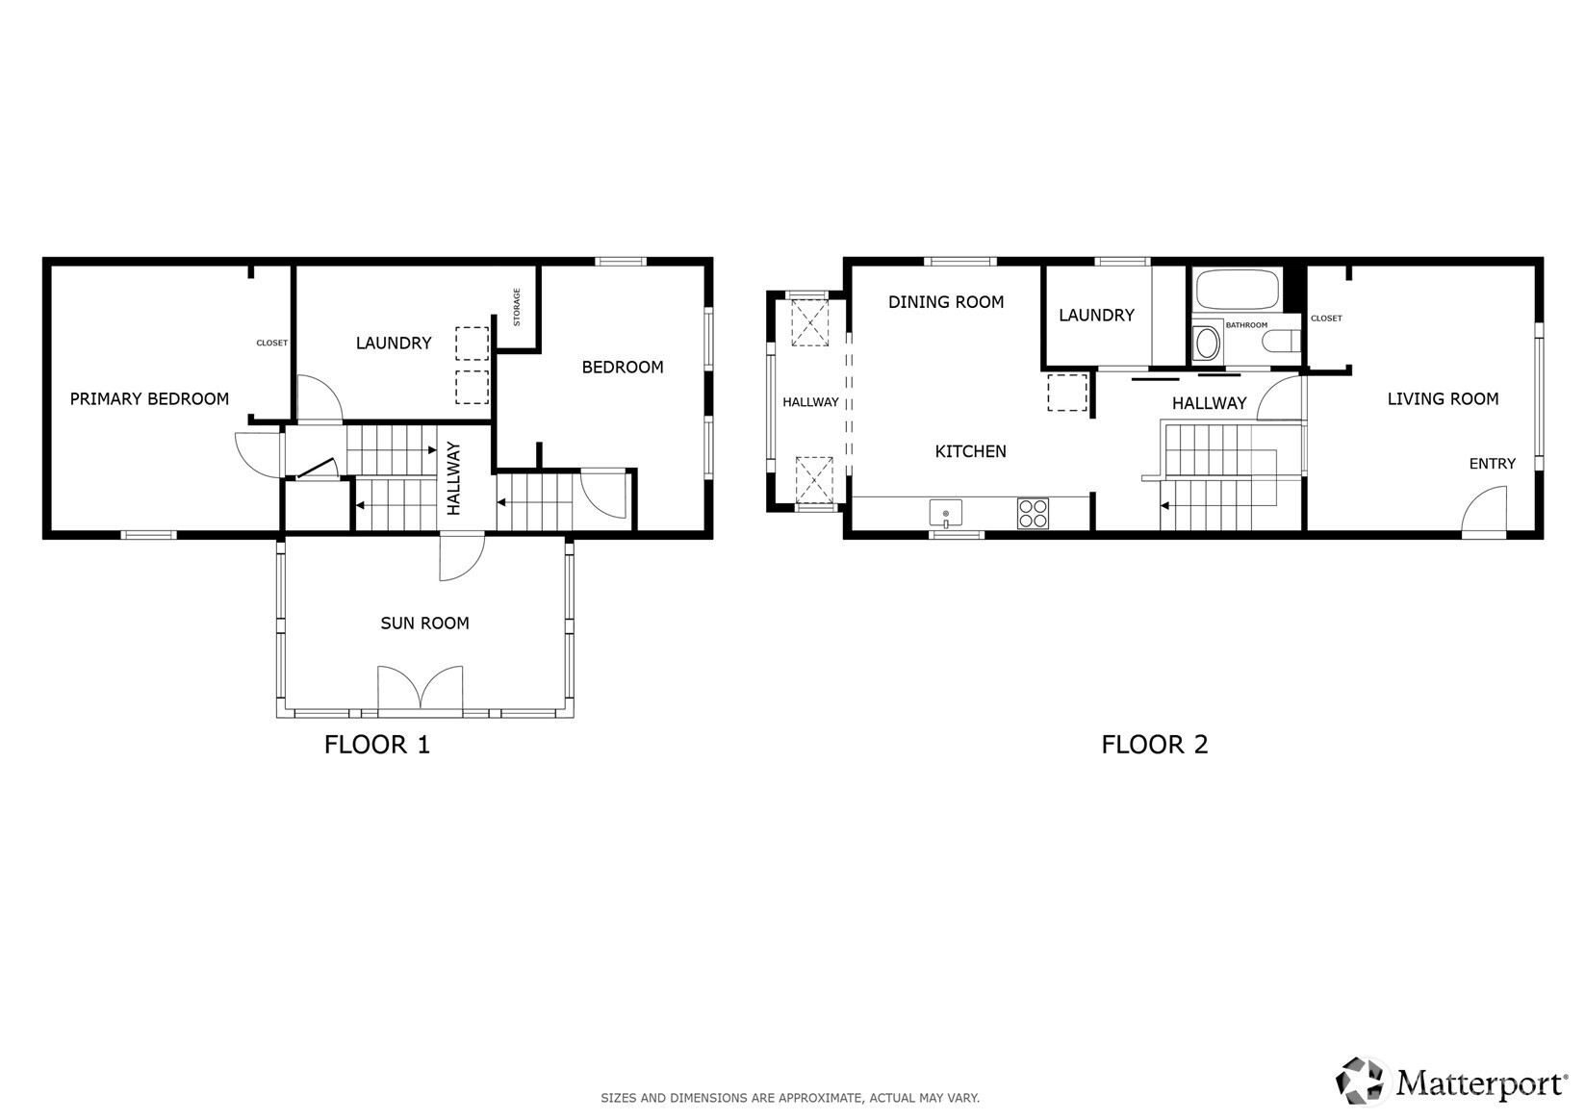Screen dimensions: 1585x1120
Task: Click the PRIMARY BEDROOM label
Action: [x=149, y=399]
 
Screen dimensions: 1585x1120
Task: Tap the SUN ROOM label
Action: [x=424, y=624]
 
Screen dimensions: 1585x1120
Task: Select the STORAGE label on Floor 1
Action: [x=517, y=307]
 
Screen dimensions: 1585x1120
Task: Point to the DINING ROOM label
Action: [x=946, y=302]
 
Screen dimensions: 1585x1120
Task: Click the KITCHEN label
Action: [x=970, y=451]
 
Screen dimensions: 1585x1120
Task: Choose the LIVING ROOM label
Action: [x=1443, y=399]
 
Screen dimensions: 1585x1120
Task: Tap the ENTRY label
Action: [x=1493, y=464]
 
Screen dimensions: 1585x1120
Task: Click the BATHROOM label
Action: [x=1247, y=325]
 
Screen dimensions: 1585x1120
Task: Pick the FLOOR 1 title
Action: [x=377, y=745]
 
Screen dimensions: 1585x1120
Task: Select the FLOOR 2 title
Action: [x=1155, y=745]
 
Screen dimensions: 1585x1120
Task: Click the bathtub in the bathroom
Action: [x=1237, y=289]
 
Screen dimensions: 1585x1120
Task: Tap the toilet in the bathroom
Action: [x=1282, y=344]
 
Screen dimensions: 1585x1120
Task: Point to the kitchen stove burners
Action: [x=1033, y=514]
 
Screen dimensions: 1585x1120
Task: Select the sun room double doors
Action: [x=421, y=687]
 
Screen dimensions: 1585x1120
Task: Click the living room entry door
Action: [x=1485, y=508]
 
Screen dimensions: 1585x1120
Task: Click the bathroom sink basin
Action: [x=1207, y=344]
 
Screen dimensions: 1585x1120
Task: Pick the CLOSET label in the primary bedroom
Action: [x=271, y=344]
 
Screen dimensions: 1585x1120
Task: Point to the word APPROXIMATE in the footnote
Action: [x=826, y=1098]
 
